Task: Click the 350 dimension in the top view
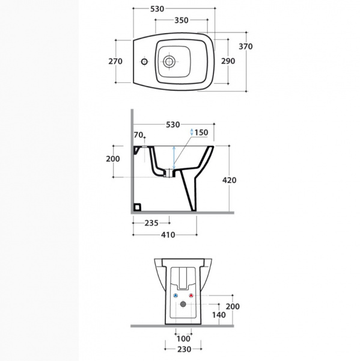pos(182,20)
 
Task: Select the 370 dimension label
pos(246,46)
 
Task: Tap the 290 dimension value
pos(228,61)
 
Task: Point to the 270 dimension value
pos(115,61)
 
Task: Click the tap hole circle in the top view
pos(144,61)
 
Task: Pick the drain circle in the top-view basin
pos(169,61)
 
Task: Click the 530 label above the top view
pos(157,9)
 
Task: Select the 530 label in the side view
pos(172,125)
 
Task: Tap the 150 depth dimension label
pos(201,132)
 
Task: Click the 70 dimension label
pos(138,135)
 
